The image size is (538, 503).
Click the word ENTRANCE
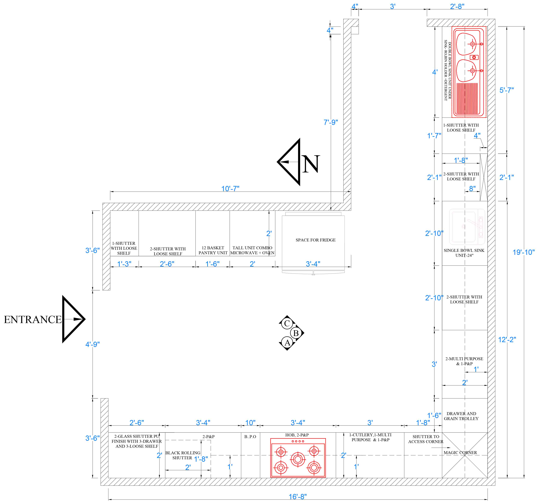point(33,320)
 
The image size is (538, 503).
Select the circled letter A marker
point(287,343)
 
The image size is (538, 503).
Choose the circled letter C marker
point(287,323)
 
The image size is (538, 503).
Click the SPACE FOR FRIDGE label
point(316,240)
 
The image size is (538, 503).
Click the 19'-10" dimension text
point(524,252)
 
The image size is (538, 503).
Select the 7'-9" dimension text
point(331,122)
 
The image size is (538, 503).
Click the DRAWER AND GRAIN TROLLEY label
point(461,416)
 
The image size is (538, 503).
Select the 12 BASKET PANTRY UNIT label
point(213,250)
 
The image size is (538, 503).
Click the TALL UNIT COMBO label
point(252,248)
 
